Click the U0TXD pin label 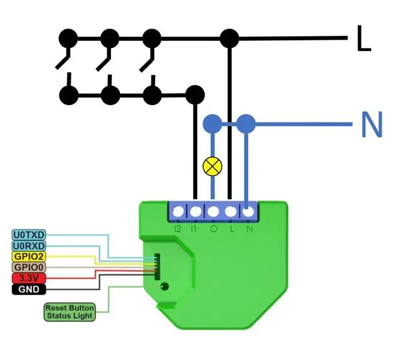pyautogui.click(x=29, y=235)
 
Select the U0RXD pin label pyautogui.click(x=29, y=246)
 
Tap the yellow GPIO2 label pyautogui.click(x=29, y=256)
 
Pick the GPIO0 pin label pyautogui.click(x=29, y=267)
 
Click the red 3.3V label pyautogui.click(x=29, y=278)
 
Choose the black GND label pyautogui.click(x=29, y=289)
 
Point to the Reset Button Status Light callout pyautogui.click(x=70, y=311)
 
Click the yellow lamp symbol pyautogui.click(x=213, y=166)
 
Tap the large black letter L pyautogui.click(x=364, y=38)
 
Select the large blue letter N pyautogui.click(x=372, y=124)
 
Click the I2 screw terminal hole pyautogui.click(x=179, y=212)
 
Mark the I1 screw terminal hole pyautogui.click(x=195, y=212)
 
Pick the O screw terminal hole pyautogui.click(x=213, y=212)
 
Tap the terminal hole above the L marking pyautogui.click(x=231, y=212)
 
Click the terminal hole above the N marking pyautogui.click(x=248, y=212)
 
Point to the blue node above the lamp pyautogui.click(x=213, y=124)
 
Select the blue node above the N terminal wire pyautogui.click(x=246, y=124)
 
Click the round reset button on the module pyautogui.click(x=164, y=286)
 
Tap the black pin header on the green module pyautogui.click(x=157, y=266)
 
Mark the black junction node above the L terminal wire pyautogui.click(x=230, y=39)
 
